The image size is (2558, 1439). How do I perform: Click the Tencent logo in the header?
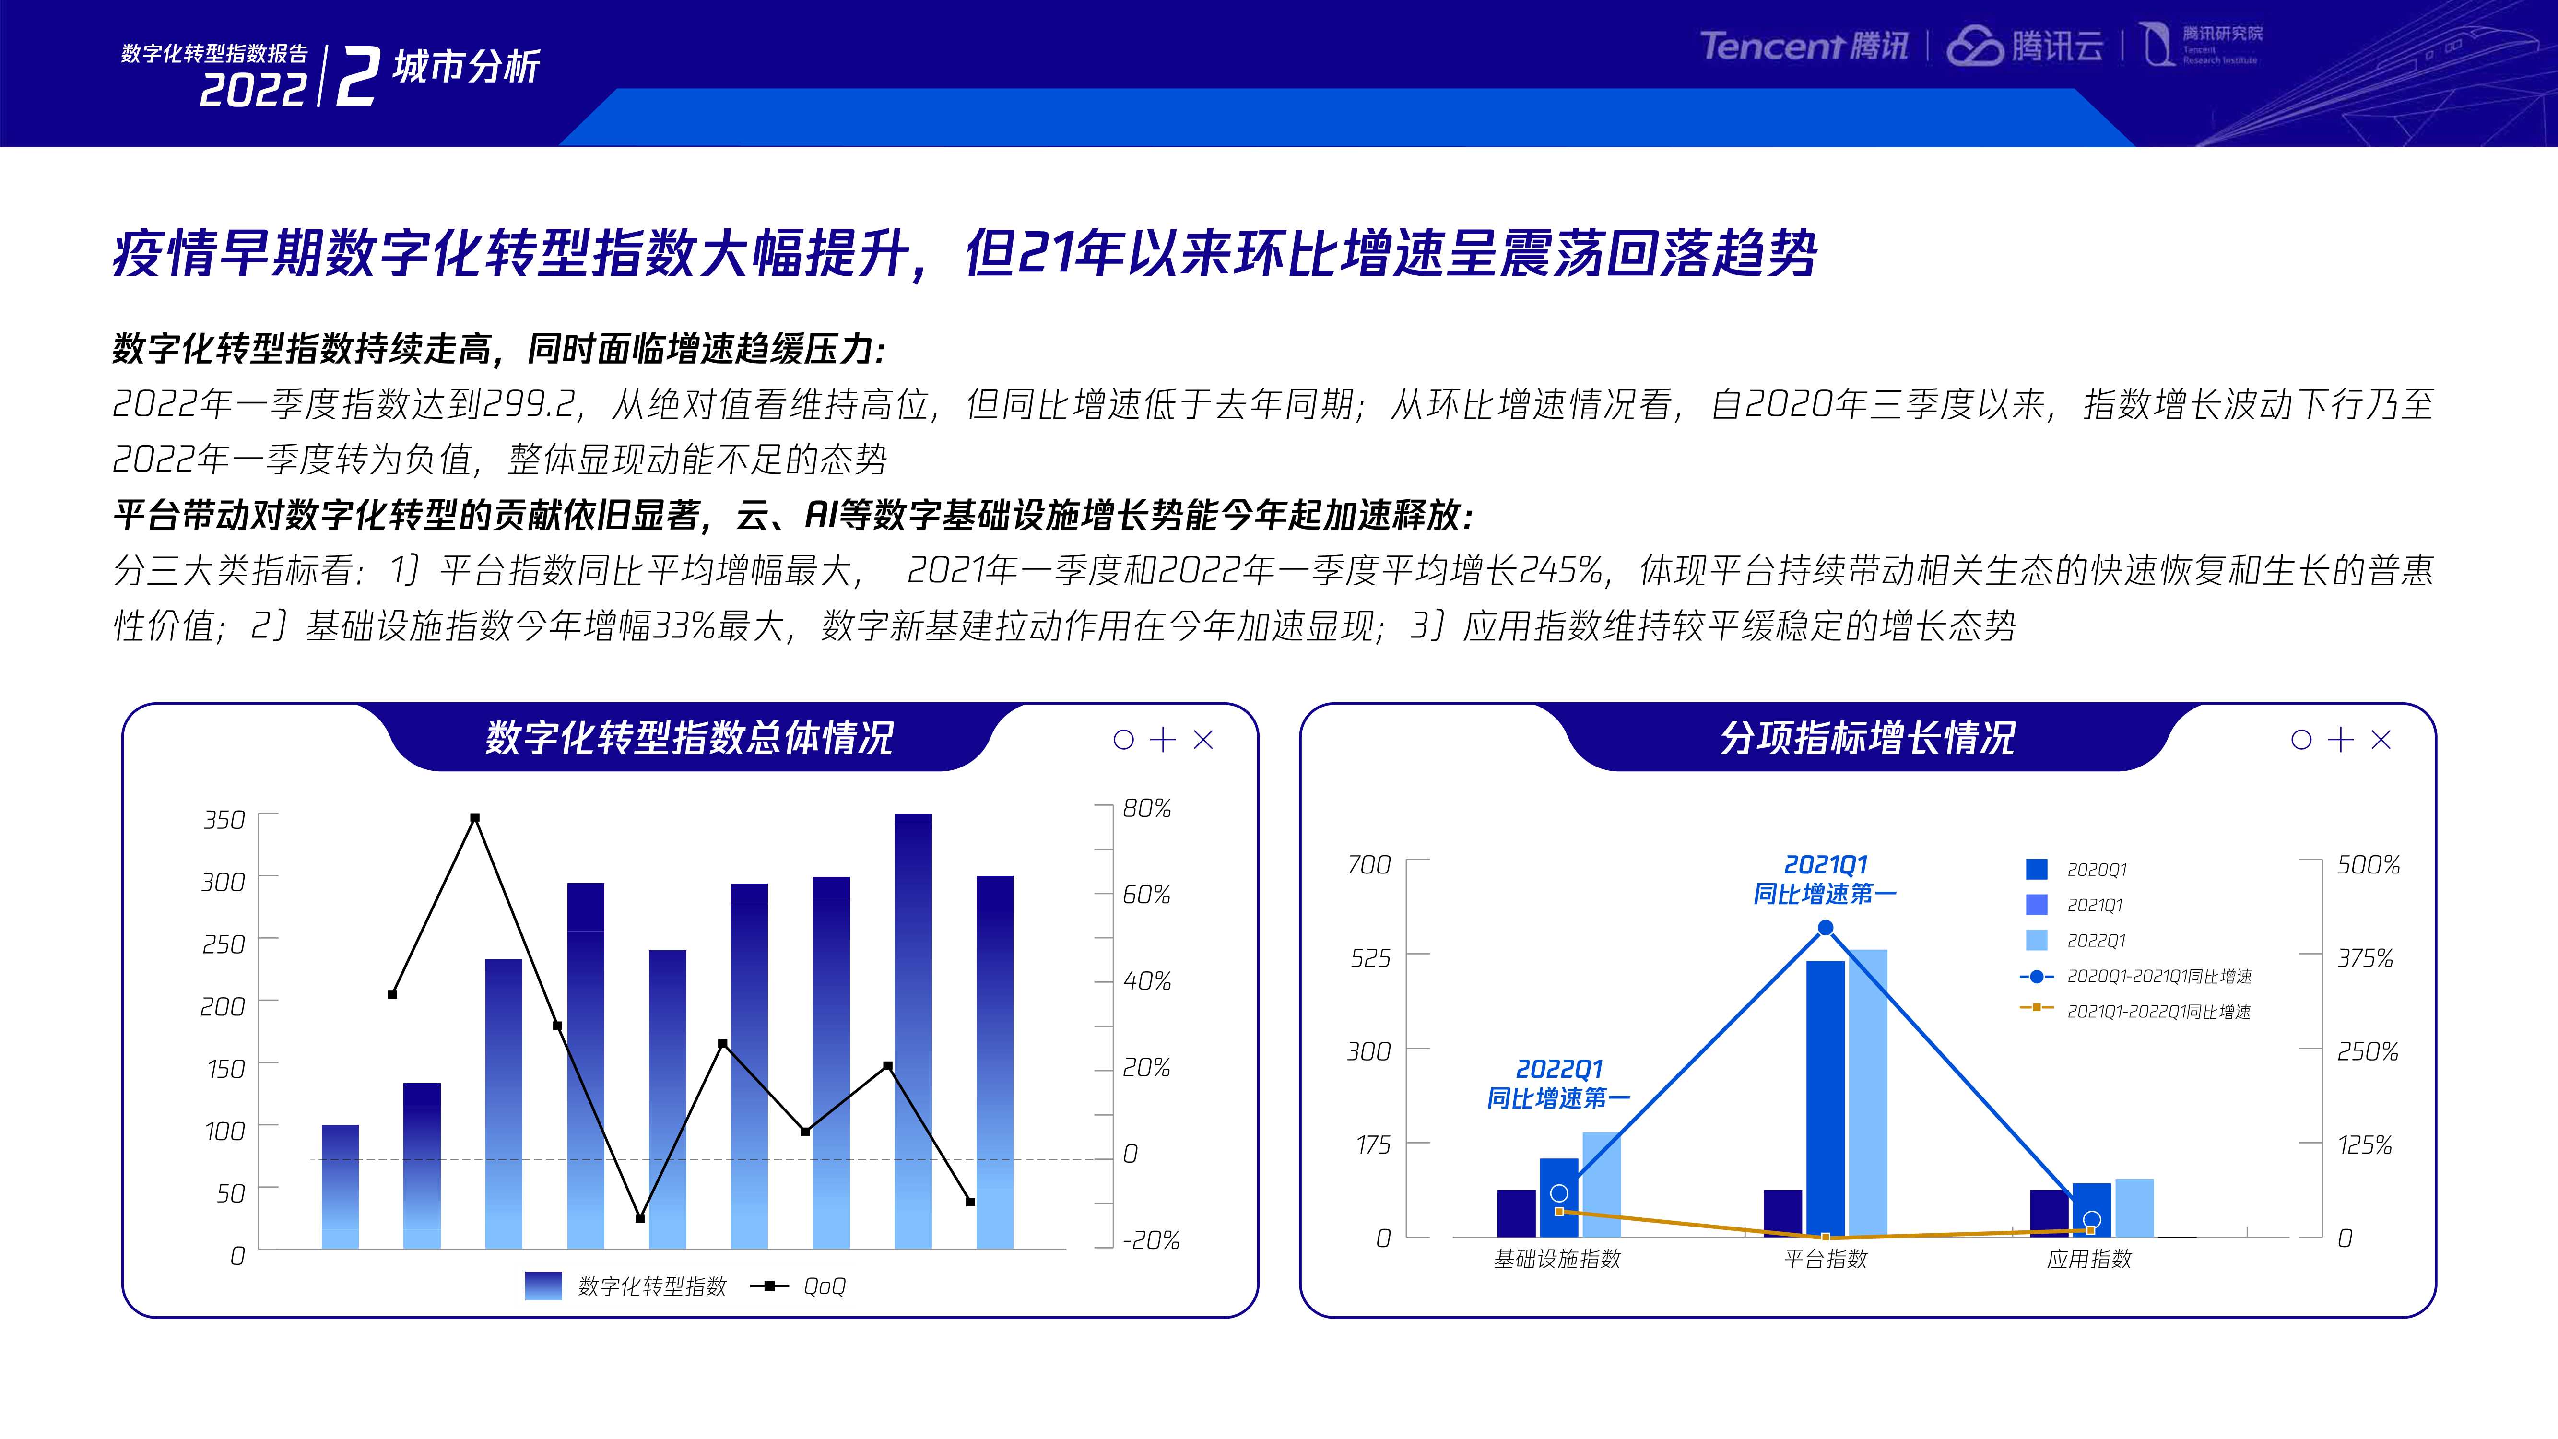[x=1804, y=46]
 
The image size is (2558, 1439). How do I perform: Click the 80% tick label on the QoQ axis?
[x=1147, y=808]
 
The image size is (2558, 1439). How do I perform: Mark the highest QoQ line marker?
[x=475, y=818]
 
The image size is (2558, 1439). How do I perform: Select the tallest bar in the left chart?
[x=913, y=1030]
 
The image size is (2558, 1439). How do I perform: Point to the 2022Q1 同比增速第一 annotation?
[x=1558, y=1084]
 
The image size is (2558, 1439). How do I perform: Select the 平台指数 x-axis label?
[x=1825, y=1259]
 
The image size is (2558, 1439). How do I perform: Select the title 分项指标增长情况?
[x=1867, y=738]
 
